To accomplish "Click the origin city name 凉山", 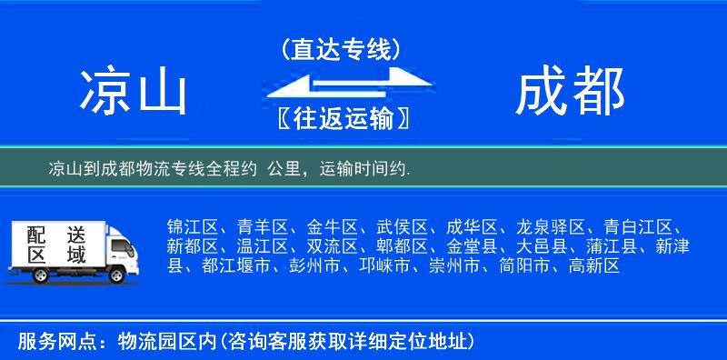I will (132, 92).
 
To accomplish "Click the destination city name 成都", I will (570, 92).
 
